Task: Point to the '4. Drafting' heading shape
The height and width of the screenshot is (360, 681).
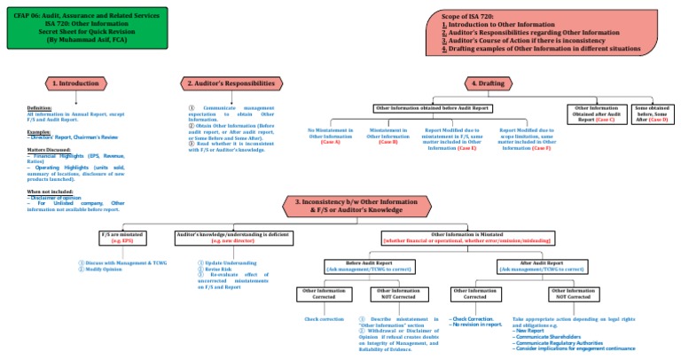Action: coord(486,83)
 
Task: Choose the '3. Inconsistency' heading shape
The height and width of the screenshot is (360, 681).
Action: coord(360,206)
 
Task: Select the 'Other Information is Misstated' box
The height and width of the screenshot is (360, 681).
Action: coord(467,238)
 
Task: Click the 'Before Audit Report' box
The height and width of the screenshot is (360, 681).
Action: coord(370,265)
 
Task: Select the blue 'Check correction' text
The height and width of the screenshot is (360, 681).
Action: coord(324,318)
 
